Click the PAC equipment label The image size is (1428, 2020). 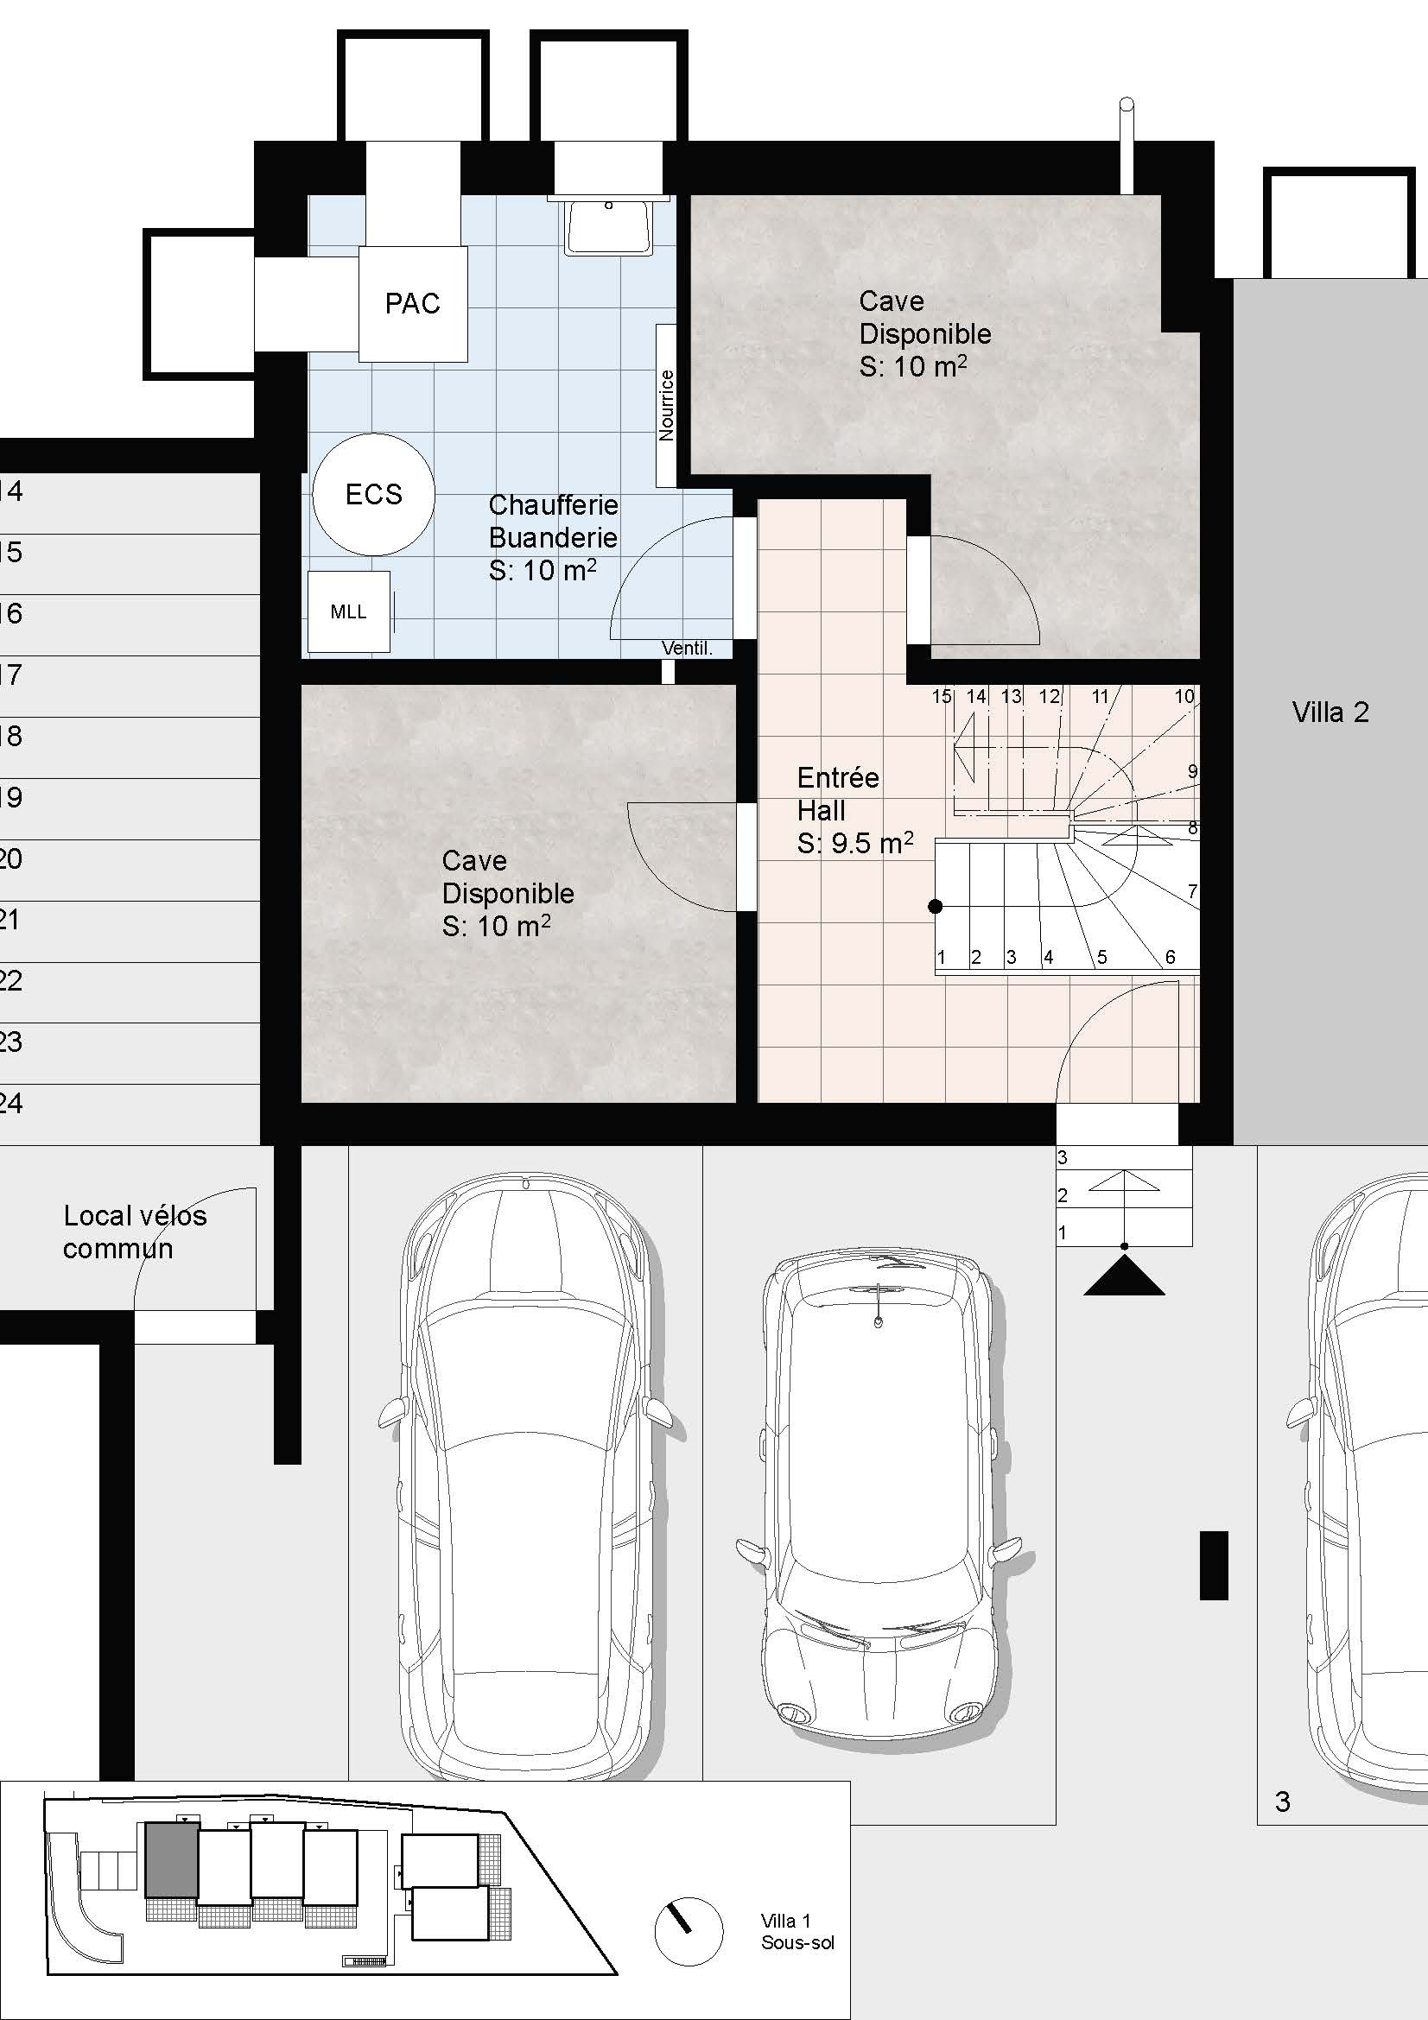click(x=412, y=303)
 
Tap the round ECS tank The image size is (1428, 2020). click(x=373, y=494)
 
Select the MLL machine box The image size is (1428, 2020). click(x=348, y=611)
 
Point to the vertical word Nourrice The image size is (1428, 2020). click(x=666, y=405)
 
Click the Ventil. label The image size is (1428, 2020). click(x=686, y=649)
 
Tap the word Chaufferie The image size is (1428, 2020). click(x=553, y=505)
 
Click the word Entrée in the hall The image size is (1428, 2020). click(x=838, y=778)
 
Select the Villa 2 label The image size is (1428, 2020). click(x=1330, y=712)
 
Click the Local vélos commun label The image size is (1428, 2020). click(x=135, y=1232)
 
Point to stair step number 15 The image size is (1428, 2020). click(x=942, y=696)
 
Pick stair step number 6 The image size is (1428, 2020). click(x=1170, y=956)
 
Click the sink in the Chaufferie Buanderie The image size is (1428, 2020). click(x=609, y=228)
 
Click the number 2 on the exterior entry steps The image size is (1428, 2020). click(x=1063, y=1195)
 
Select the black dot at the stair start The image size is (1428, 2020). click(x=936, y=906)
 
